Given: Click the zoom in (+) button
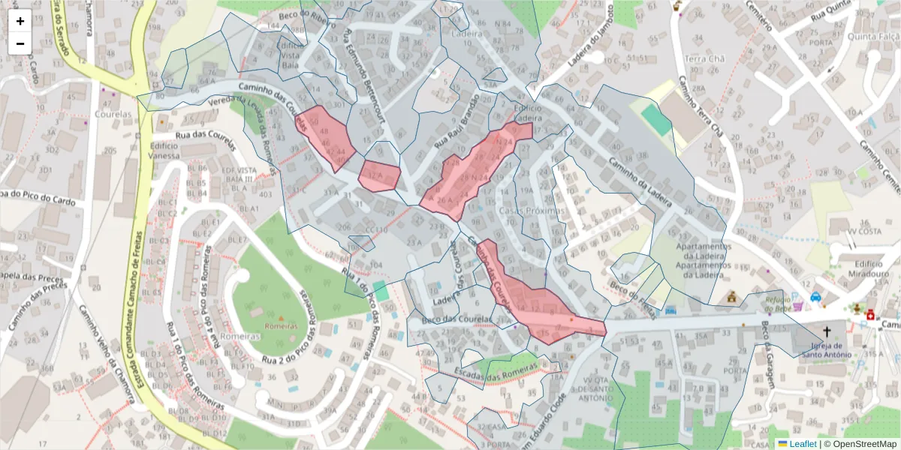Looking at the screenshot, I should click(x=20, y=21).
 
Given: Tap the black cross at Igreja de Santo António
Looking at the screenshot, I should click(x=827, y=331).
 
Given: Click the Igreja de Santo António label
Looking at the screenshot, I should click(x=827, y=350).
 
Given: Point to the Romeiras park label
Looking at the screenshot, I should click(x=282, y=326).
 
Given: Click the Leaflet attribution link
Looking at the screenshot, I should click(x=802, y=444).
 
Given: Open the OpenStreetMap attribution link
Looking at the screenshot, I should click(x=864, y=444).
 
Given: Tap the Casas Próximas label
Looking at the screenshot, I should click(x=531, y=211).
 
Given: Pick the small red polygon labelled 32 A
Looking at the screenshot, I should click(x=378, y=175).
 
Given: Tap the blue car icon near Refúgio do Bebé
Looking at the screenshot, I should click(x=815, y=297).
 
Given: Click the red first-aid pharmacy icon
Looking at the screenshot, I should click(x=870, y=315).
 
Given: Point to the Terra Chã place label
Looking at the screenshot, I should click(x=704, y=58).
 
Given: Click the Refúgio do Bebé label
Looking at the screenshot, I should click(x=779, y=304).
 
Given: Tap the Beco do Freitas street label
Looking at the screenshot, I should click(x=633, y=303).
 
